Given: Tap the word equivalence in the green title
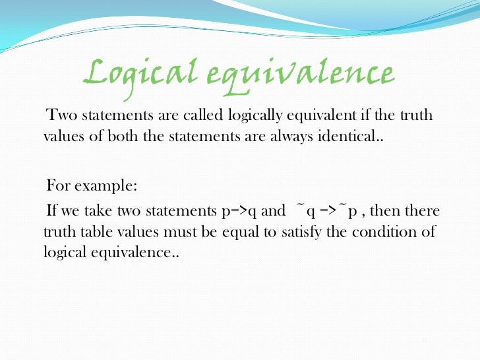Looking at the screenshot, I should tap(293, 74).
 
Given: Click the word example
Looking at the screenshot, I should tap(104, 186).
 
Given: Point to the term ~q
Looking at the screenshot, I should tap(300, 211).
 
